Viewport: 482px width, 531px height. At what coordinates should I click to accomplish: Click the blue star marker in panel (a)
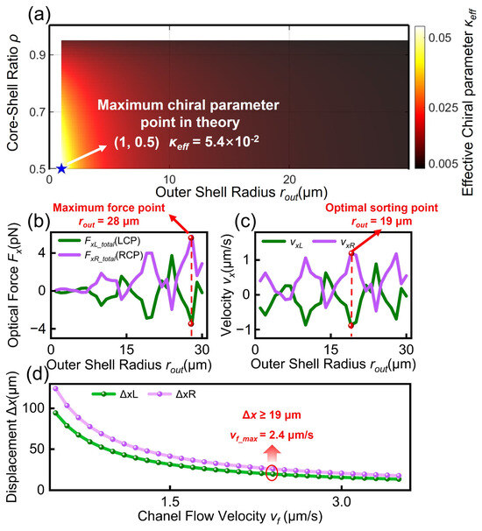61,168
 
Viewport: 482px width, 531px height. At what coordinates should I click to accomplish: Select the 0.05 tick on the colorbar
440,38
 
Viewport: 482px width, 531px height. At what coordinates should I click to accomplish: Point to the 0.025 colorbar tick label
443,108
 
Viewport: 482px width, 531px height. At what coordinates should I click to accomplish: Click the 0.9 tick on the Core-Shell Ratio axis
39,55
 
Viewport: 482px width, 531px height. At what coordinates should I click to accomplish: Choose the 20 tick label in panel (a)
289,180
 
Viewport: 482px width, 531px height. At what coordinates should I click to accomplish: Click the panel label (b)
39,223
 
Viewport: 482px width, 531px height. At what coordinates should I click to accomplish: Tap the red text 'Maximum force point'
109,208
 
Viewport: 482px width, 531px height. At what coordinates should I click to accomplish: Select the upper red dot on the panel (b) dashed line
191,237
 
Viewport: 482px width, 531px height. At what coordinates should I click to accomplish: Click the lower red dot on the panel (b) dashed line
191,323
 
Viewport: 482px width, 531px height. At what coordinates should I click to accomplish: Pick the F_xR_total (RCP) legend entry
101,255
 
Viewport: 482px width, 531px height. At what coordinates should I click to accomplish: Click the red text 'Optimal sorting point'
382,208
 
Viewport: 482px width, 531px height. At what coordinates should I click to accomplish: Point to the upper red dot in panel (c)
351,253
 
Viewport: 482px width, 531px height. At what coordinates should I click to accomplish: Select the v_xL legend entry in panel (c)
283,242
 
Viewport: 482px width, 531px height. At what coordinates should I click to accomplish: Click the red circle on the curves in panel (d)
272,472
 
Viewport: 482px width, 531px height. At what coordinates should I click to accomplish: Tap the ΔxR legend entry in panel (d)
172,394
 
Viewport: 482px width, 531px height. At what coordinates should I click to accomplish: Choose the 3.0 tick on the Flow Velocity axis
342,501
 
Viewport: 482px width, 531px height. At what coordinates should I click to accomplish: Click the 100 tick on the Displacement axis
33,408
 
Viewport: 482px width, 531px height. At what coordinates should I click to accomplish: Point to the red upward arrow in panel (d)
273,454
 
